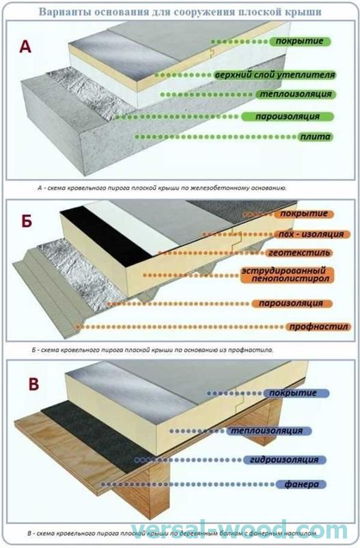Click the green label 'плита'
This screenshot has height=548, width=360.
315,136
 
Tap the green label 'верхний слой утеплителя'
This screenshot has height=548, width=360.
275,75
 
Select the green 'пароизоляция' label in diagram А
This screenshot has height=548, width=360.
287,116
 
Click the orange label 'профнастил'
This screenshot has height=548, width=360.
318,327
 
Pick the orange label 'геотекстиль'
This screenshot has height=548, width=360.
299,253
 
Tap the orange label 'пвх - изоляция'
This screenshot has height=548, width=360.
311,234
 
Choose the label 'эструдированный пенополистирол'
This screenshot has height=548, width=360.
287,275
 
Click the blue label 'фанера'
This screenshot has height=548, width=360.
301,484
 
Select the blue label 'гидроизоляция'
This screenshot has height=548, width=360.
284,460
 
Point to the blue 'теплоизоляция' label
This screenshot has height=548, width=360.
269,431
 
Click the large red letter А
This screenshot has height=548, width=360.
25,47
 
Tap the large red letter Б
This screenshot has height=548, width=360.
27,221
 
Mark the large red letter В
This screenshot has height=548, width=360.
34,384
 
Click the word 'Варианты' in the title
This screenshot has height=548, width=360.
60,12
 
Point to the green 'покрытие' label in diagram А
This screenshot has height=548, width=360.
300,41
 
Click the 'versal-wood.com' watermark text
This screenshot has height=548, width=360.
239,531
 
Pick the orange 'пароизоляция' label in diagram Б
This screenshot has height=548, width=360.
291,303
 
